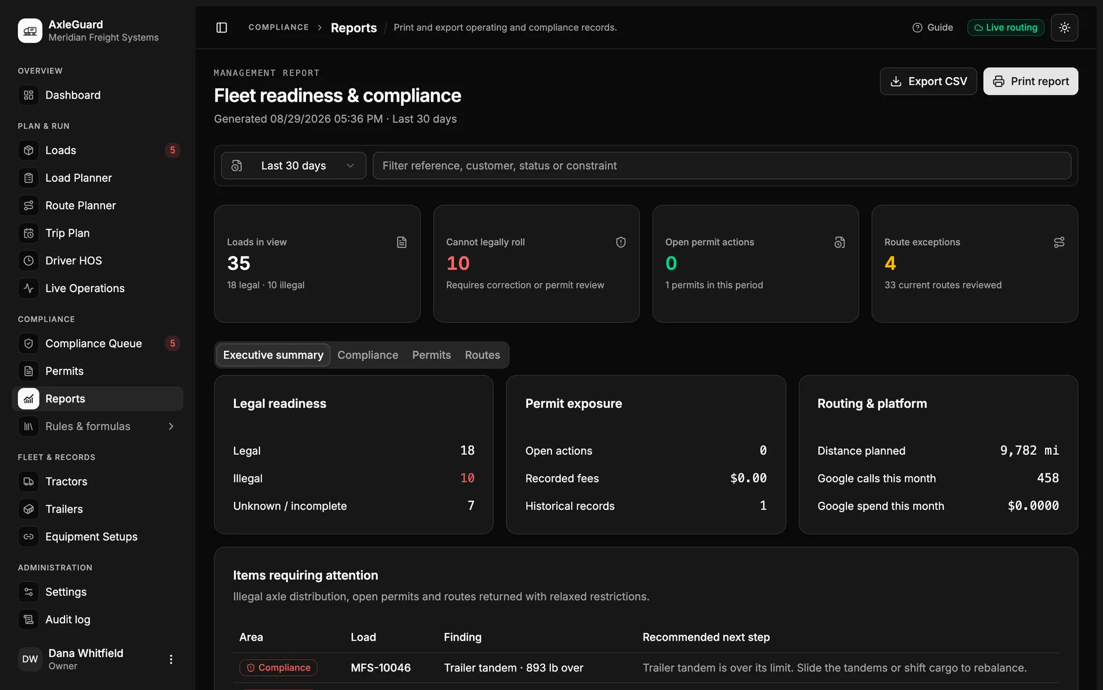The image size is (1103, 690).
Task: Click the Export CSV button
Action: click(928, 81)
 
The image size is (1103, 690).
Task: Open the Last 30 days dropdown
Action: click(293, 166)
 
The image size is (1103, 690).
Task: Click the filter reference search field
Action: click(722, 166)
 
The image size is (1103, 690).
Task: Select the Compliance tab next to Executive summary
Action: click(368, 355)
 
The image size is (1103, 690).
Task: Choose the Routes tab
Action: click(482, 355)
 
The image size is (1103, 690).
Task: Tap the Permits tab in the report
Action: click(431, 355)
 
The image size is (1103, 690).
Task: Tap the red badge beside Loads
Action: click(172, 150)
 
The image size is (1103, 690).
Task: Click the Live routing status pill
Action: click(1006, 27)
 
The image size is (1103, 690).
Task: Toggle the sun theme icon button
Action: click(1065, 27)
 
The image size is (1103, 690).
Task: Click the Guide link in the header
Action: click(933, 27)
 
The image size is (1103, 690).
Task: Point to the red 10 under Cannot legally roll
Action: click(458, 264)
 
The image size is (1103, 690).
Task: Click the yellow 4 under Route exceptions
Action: click(891, 264)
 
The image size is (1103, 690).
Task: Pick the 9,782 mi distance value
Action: click(1029, 451)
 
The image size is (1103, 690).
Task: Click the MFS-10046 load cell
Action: click(381, 668)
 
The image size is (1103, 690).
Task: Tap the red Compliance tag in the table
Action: click(278, 668)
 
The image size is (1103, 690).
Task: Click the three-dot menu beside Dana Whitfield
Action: click(171, 659)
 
